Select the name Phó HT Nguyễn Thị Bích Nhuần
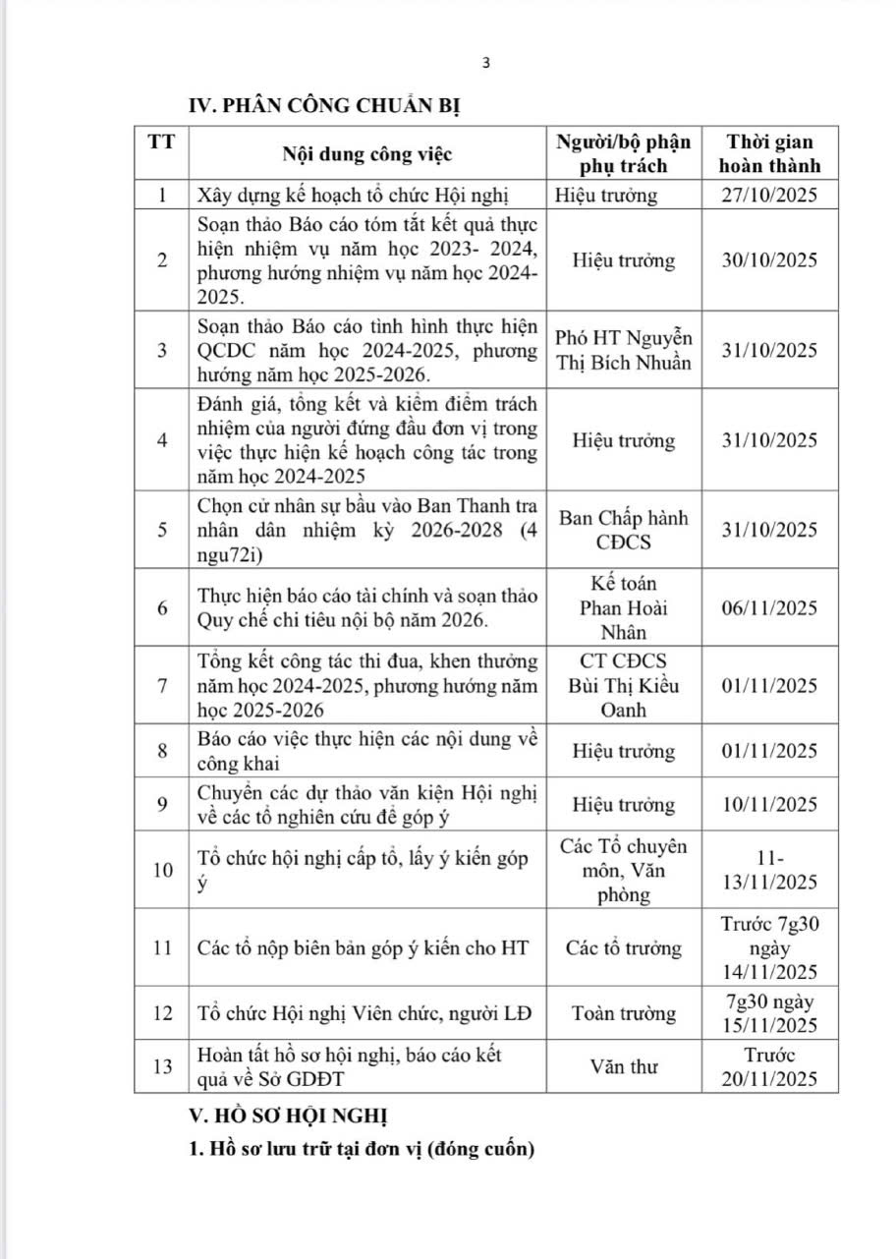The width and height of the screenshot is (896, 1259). coord(624,350)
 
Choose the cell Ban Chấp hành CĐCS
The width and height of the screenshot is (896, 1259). coord(624,530)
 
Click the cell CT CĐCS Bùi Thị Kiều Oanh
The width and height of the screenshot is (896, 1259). coord(624,686)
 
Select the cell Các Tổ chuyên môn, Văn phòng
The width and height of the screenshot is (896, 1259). coord(624,870)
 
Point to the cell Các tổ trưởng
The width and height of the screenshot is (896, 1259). coord(624,948)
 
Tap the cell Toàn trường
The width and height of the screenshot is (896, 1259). coord(624,1012)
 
